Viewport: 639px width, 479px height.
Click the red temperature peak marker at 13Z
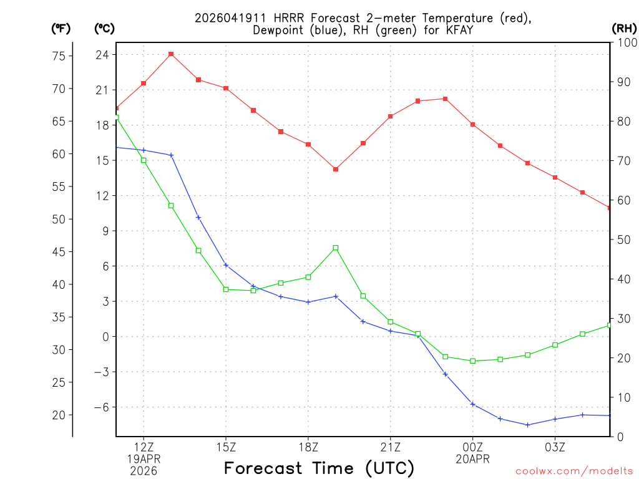tap(171, 54)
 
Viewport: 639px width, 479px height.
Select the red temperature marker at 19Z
tap(336, 169)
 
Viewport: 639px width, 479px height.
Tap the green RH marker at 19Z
tap(336, 248)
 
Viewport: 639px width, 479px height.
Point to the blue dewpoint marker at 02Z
tap(528, 425)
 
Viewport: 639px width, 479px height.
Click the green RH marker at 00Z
tap(473, 360)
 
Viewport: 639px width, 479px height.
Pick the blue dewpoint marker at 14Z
tap(198, 217)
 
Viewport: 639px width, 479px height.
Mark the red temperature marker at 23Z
tap(445, 99)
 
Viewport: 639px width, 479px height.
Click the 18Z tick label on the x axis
tap(308, 447)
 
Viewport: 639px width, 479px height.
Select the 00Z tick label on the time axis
tap(473, 447)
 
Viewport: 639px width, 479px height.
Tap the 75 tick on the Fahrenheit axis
tap(58, 56)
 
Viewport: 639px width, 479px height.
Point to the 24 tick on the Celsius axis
tap(102, 55)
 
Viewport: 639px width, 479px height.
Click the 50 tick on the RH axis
tap(623, 239)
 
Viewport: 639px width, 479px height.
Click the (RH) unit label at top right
tap(623, 28)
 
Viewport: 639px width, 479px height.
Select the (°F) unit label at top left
tap(61, 28)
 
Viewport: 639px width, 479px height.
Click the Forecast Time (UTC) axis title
tap(319, 468)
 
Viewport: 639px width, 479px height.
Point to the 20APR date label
tap(473, 458)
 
